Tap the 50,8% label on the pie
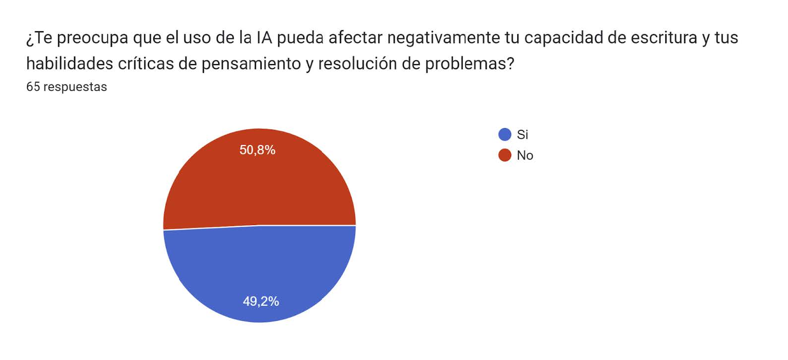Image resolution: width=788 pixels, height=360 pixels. (257, 150)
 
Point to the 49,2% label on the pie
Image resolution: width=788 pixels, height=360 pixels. (261, 301)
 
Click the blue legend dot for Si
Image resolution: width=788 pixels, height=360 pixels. (504, 134)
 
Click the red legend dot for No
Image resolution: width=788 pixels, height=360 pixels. (504, 155)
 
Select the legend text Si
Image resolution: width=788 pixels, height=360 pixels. (522, 134)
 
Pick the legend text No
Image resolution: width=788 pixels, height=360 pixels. (525, 155)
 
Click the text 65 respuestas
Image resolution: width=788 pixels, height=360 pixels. (66, 87)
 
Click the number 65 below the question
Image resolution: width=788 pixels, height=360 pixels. (33, 87)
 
